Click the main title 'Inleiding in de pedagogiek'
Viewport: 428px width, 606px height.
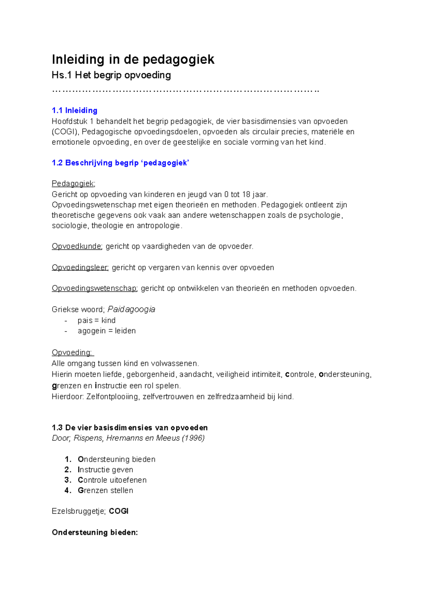pyautogui.click(x=133, y=59)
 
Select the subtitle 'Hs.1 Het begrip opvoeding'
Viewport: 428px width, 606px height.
pyautogui.click(x=111, y=75)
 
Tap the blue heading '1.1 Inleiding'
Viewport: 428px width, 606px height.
pyautogui.click(x=75, y=110)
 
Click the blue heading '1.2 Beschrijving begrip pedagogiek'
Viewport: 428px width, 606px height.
pyautogui.click(x=120, y=163)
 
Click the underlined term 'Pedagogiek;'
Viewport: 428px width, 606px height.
pyautogui.click(x=73, y=183)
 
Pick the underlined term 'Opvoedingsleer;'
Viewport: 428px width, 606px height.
pyautogui.click(x=80, y=267)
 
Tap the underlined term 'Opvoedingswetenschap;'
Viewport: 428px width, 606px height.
pyautogui.click(x=95, y=288)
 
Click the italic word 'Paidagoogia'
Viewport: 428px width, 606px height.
pyautogui.click(x=131, y=309)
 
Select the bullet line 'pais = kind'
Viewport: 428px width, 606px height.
pyautogui.click(x=96, y=320)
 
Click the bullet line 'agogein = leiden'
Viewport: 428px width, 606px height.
pyautogui.click(x=106, y=331)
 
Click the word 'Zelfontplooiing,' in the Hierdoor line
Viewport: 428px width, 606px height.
pyautogui.click(x=113, y=397)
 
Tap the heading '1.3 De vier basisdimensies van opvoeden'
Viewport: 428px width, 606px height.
pyautogui.click(x=129, y=428)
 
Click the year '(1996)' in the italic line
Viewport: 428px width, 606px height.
pyautogui.click(x=193, y=438)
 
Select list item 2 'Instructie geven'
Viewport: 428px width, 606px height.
pyautogui.click(x=105, y=470)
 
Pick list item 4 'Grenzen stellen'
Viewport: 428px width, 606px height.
pyautogui.click(x=105, y=490)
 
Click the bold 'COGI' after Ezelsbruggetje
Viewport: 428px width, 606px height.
pyautogui.click(x=119, y=511)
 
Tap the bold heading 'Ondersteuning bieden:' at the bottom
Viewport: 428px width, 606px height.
pyautogui.click(x=95, y=532)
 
